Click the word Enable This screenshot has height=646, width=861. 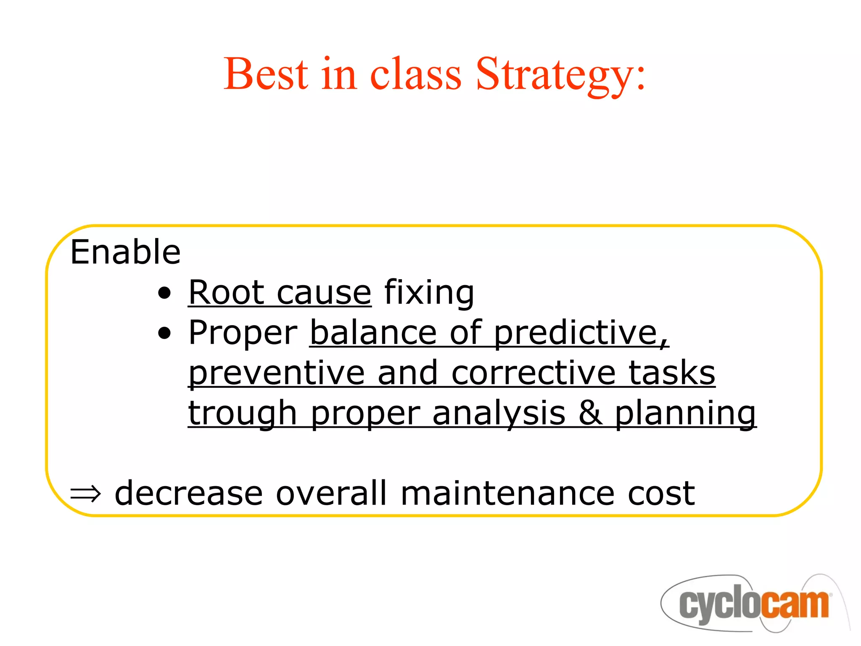(x=125, y=252)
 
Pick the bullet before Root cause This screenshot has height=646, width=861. (x=165, y=293)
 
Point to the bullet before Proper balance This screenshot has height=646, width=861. (x=165, y=334)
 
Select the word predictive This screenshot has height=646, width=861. (x=580, y=333)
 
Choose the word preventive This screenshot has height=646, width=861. (x=276, y=373)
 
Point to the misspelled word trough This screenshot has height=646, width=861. (x=243, y=413)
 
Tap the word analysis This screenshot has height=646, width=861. (x=499, y=413)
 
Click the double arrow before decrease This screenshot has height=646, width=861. (x=86, y=494)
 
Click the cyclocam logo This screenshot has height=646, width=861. (x=753, y=604)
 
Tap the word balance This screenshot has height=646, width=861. (x=373, y=333)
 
